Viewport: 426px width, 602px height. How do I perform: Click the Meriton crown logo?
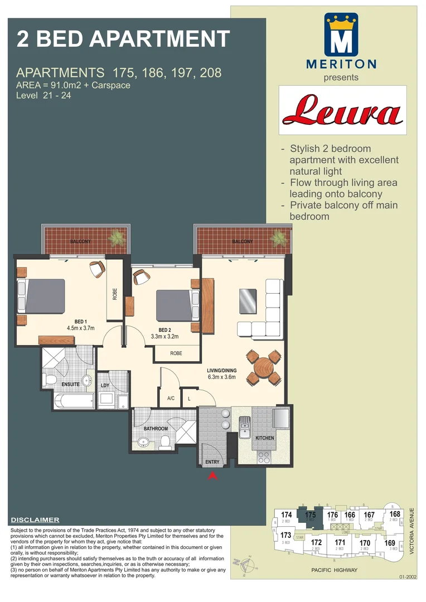(341, 35)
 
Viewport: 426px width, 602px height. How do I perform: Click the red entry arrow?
(212, 475)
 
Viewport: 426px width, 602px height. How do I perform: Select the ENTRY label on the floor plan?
(212, 462)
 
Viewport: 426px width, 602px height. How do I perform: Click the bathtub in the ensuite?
(74, 400)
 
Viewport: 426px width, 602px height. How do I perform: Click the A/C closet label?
(171, 399)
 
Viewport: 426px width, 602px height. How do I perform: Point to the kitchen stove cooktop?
(263, 458)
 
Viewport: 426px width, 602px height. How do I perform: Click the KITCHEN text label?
(264, 438)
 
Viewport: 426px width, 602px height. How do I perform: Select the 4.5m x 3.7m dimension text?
(81, 328)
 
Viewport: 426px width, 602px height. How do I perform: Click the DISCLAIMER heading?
(35, 520)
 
